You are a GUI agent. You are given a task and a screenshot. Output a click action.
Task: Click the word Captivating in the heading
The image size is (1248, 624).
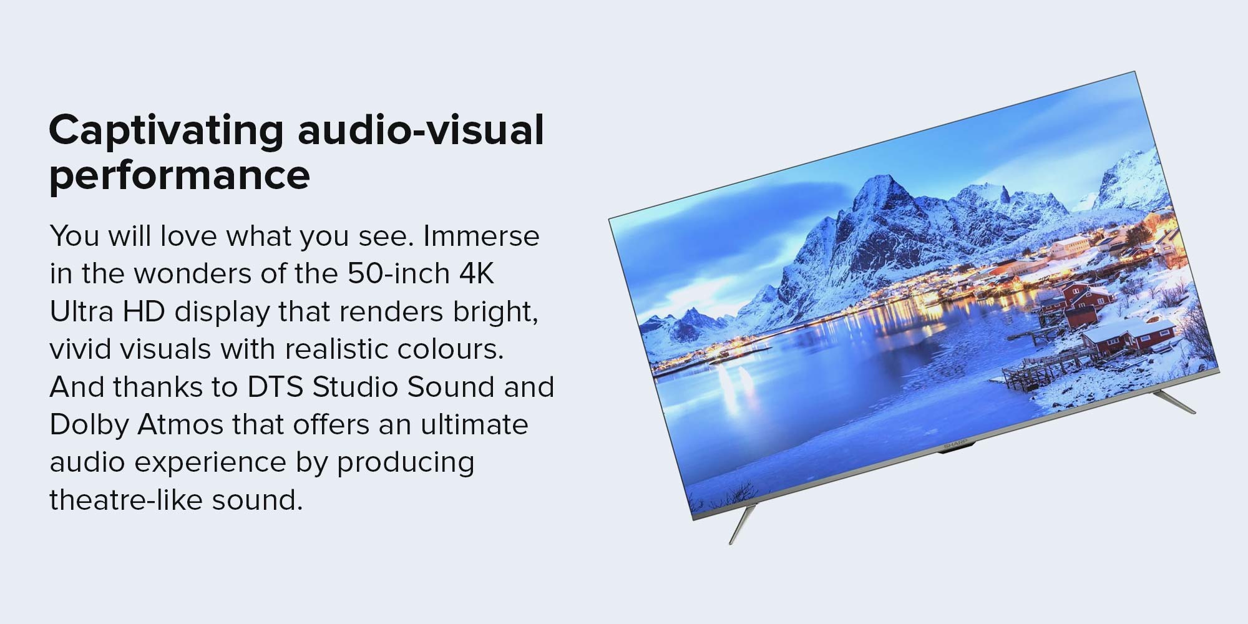pyautogui.click(x=167, y=130)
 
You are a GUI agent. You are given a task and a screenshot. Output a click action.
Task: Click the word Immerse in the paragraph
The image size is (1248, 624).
pyautogui.click(x=481, y=236)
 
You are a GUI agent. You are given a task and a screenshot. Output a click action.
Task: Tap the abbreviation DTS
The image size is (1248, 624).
pyautogui.click(x=276, y=387)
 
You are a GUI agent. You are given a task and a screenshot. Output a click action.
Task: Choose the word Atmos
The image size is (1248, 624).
pyautogui.click(x=180, y=424)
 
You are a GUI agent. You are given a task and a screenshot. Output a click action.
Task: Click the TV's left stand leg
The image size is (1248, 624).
pyautogui.click(x=743, y=523)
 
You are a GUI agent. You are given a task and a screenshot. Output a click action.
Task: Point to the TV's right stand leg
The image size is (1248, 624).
pyautogui.click(x=1173, y=402)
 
